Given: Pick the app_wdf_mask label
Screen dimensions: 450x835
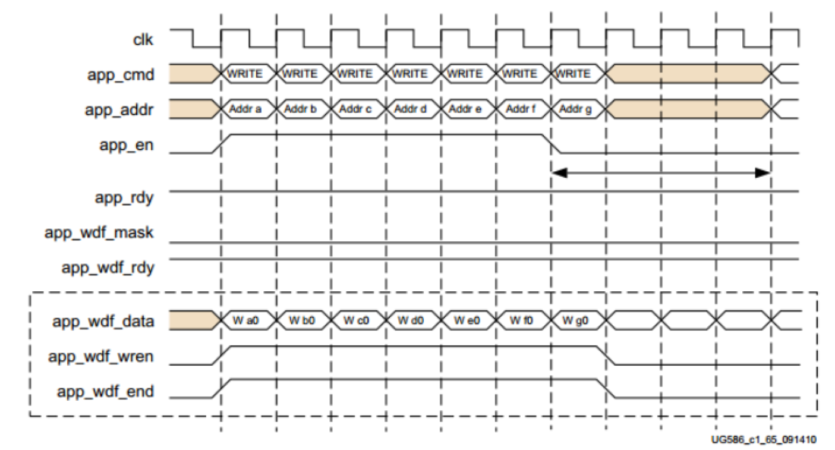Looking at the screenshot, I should pos(99,232).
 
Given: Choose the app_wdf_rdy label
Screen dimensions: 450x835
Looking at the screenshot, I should pos(108,268).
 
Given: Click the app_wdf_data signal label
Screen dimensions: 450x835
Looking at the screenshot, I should pos(103,322).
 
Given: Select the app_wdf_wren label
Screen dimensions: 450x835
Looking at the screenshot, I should pos(103,357).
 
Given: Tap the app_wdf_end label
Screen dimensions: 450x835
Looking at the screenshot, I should pos(106,392).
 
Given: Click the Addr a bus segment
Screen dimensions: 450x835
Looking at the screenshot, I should pos(247,109).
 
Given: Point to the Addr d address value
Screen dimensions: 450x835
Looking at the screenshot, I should pos(412,109).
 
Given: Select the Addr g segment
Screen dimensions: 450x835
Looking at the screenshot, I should pos(576,109).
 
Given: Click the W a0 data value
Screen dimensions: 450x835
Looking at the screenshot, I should pos(247,322).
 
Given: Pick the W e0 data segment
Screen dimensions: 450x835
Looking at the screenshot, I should pos(467,322).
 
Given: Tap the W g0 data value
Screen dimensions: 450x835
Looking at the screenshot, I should pos(576,322).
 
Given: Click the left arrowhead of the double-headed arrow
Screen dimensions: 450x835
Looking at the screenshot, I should pos(559,173).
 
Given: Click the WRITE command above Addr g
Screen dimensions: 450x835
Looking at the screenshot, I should pos(574,74).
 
